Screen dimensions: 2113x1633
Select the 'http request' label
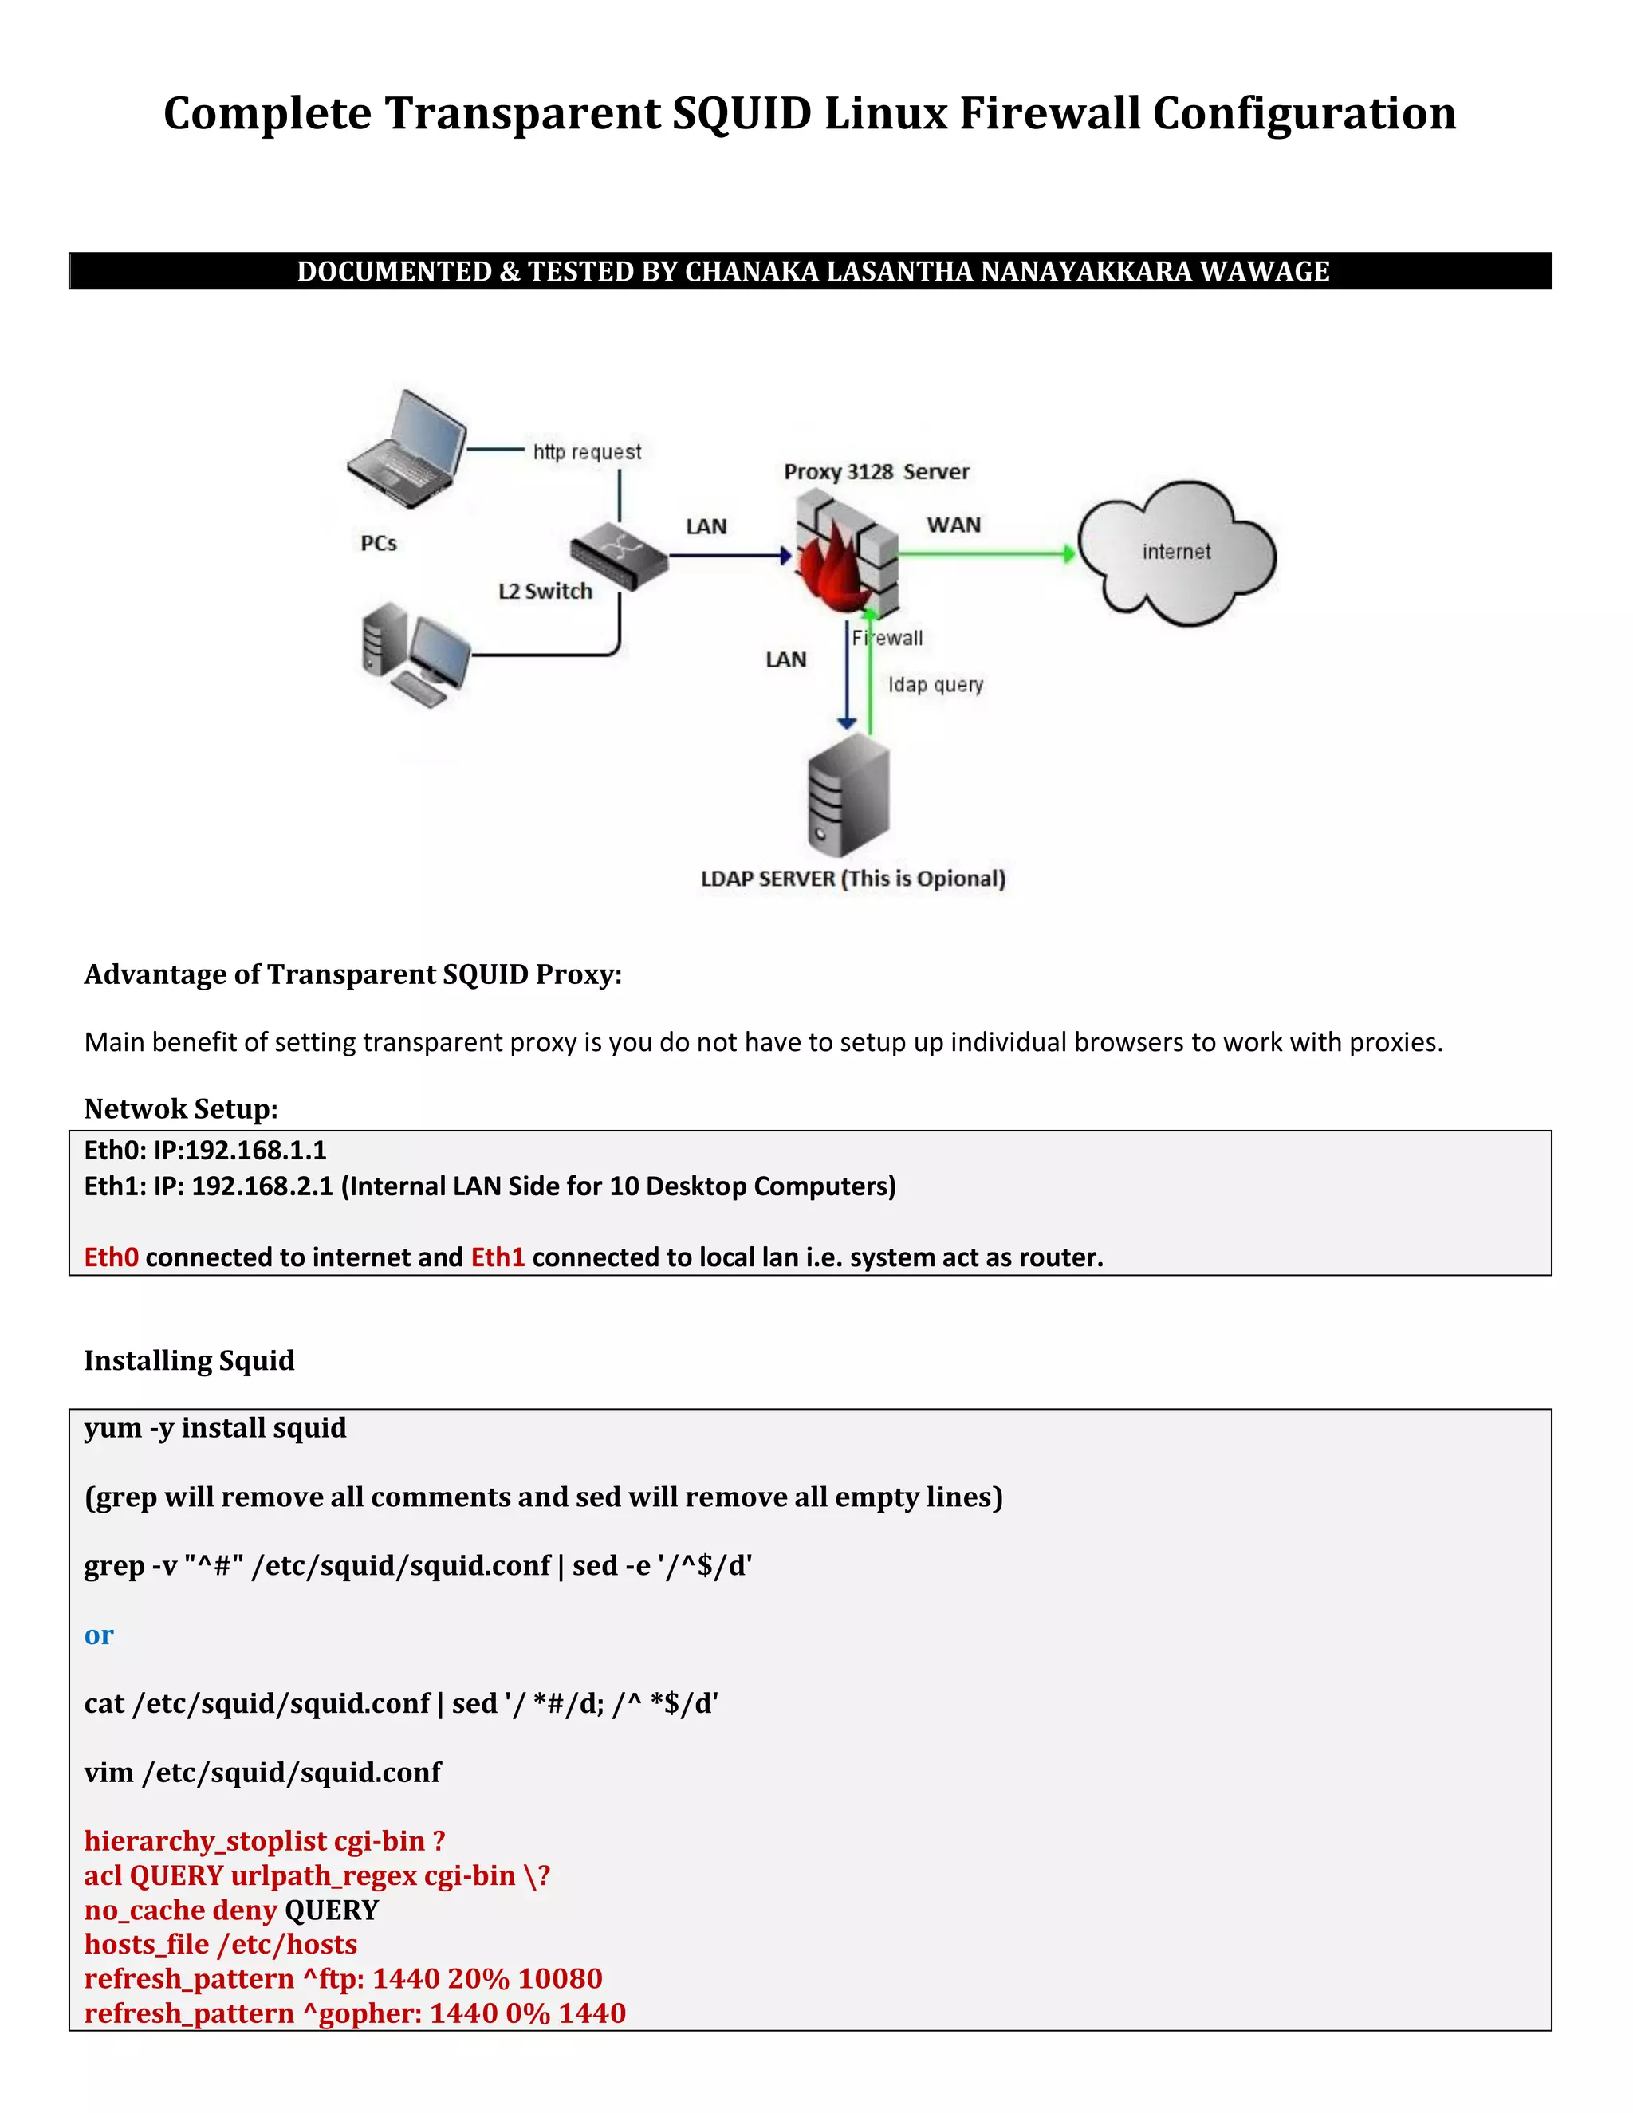pyautogui.click(x=586, y=452)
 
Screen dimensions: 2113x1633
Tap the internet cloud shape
pyautogui.click(x=1176, y=553)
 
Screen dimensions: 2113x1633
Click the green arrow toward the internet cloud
pyautogui.click(x=987, y=553)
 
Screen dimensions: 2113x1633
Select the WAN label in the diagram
pyautogui.click(x=953, y=525)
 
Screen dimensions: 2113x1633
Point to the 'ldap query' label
pyautogui.click(x=935, y=685)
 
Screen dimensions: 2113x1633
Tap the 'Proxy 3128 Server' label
pyautogui.click(x=876, y=472)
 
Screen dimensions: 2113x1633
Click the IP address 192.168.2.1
pyautogui.click(x=262, y=1186)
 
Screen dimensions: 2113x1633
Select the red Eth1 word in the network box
pyautogui.click(x=498, y=1257)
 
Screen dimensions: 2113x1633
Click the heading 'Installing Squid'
pyautogui.click(x=189, y=1360)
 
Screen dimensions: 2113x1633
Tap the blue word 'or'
pyautogui.click(x=99, y=1635)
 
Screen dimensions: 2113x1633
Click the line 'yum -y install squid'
pyautogui.click(x=214, y=1428)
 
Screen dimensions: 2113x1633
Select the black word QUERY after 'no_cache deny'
pyautogui.click(x=331, y=1910)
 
